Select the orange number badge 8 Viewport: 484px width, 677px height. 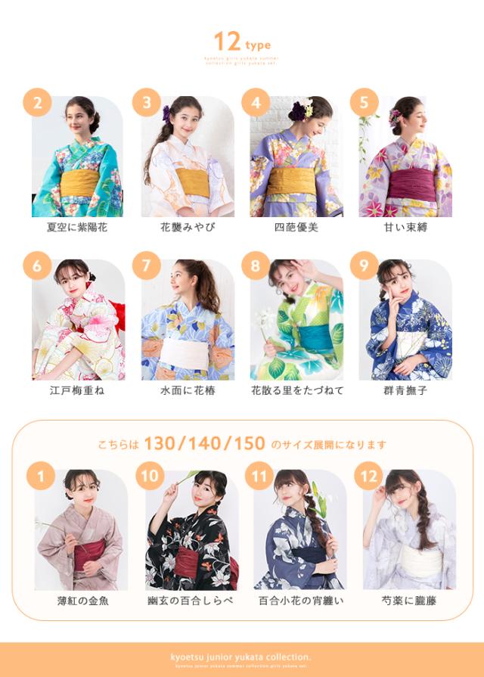coord(255,266)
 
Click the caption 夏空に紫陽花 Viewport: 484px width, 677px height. coord(76,227)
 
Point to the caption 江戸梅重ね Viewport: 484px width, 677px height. coord(76,390)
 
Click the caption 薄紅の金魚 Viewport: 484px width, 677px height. coord(82,601)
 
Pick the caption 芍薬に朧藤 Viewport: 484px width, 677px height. coord(408,601)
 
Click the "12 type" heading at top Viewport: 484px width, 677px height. coord(241,41)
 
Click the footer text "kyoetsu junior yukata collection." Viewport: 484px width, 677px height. coord(241,657)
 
